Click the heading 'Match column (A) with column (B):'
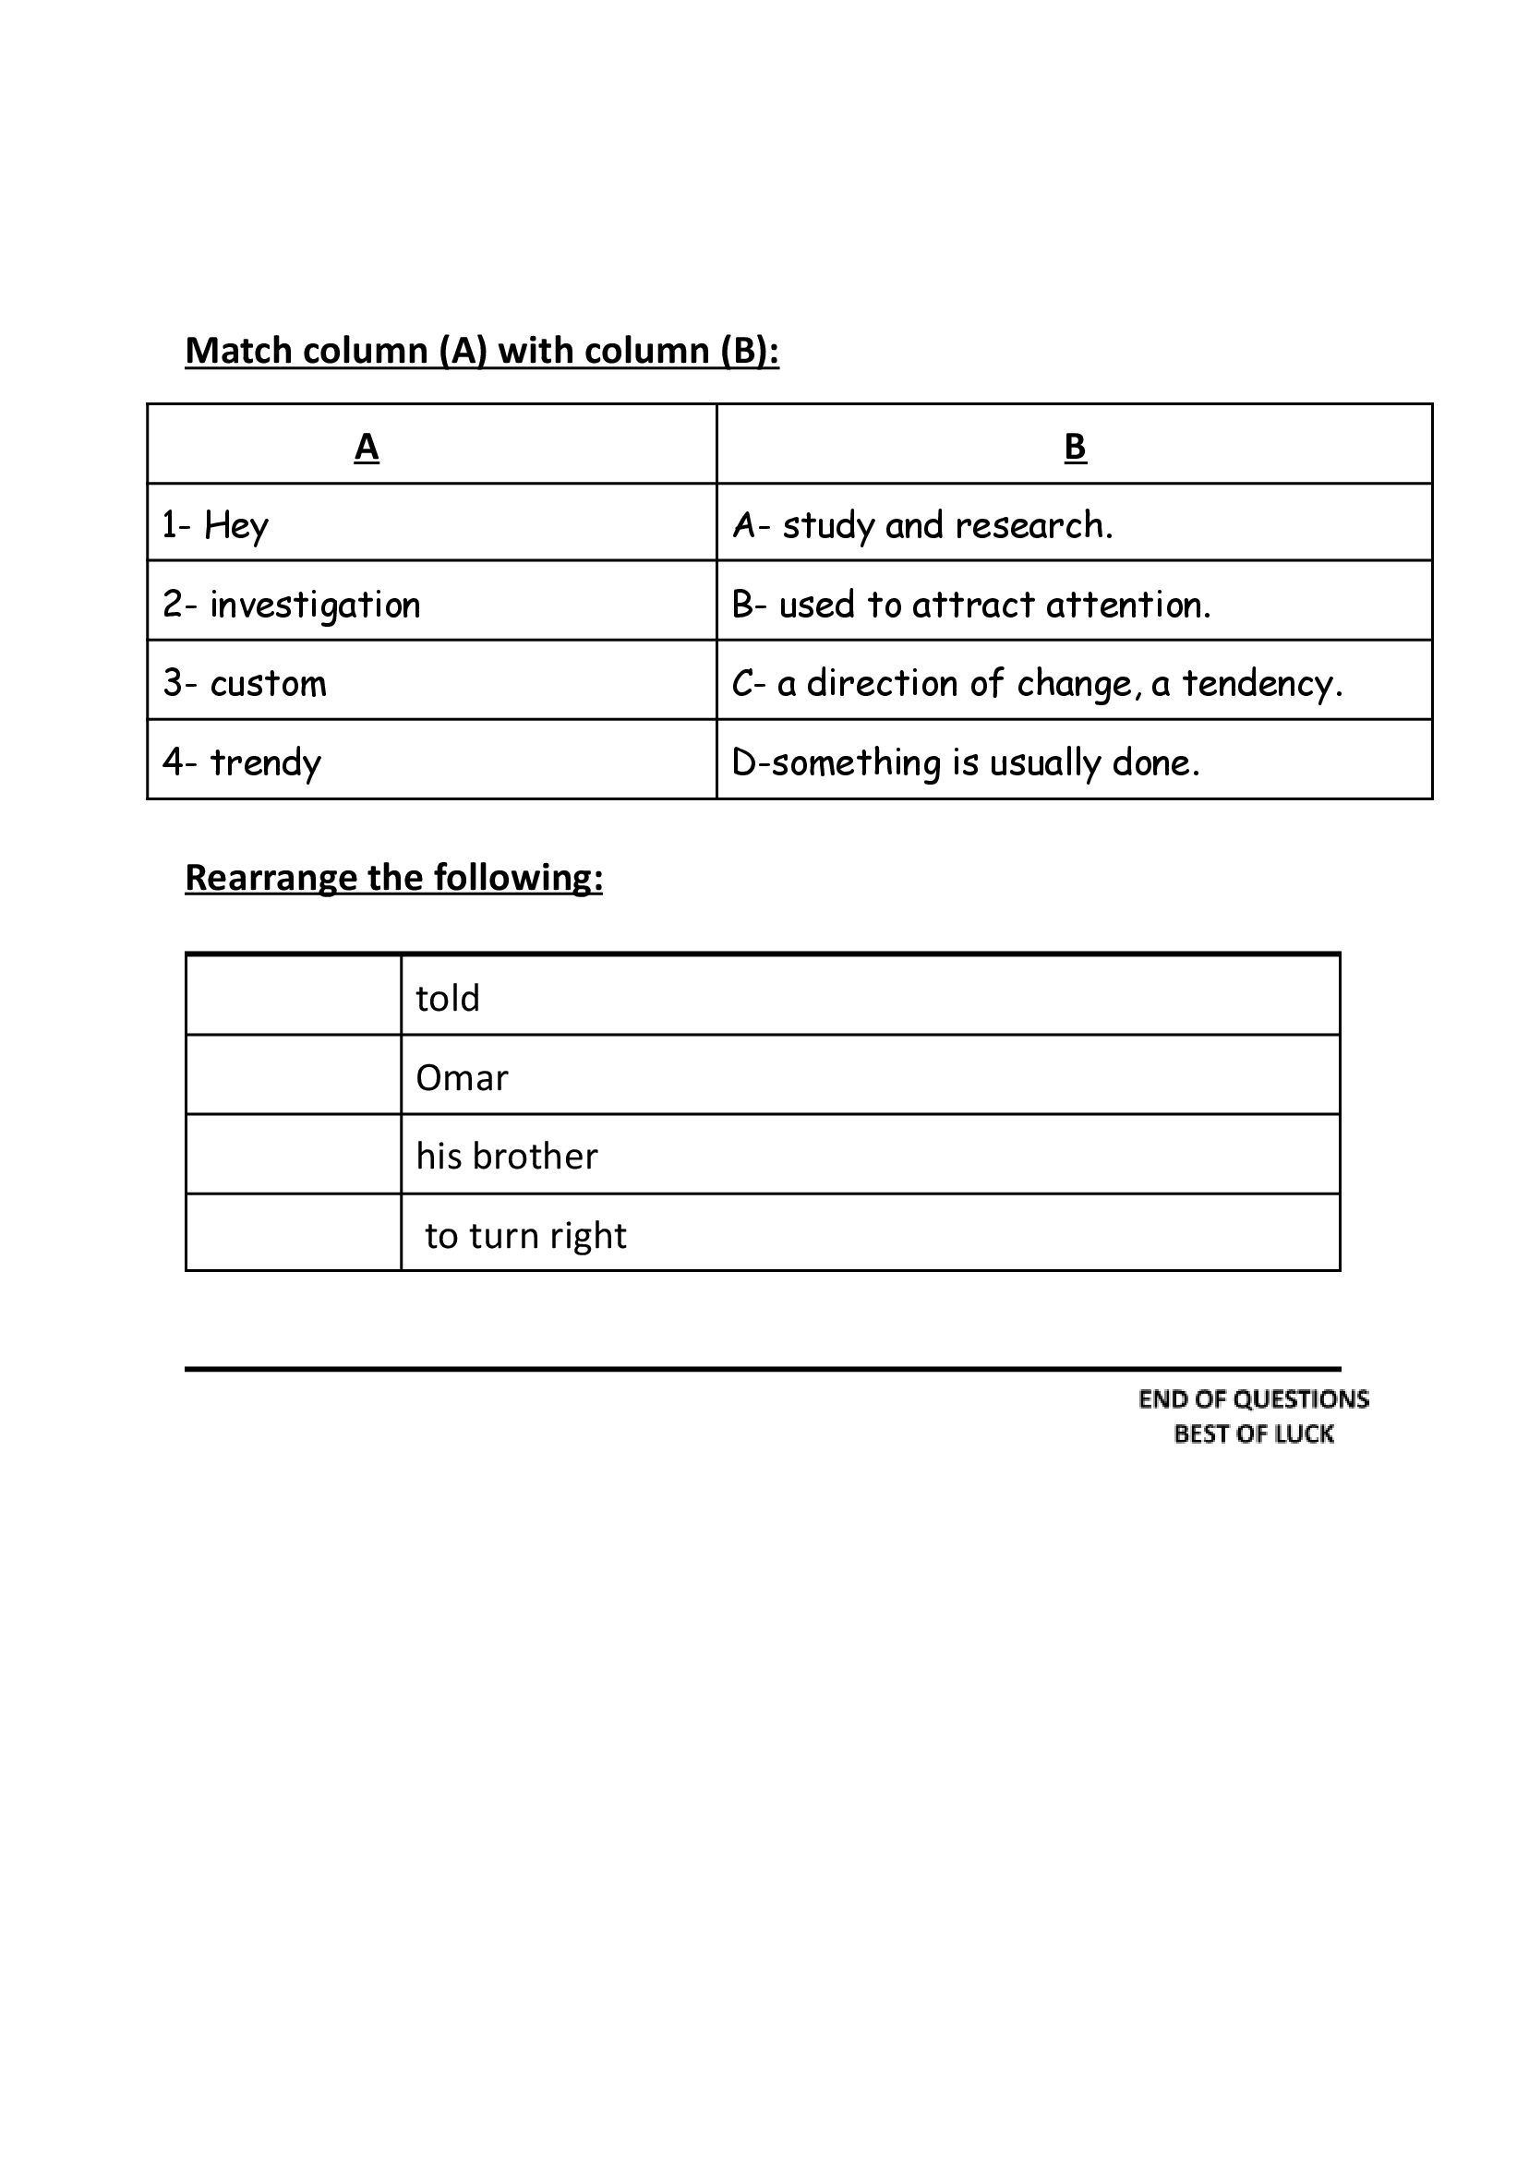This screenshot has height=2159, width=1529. (481, 351)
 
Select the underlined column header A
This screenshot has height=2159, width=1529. (367, 446)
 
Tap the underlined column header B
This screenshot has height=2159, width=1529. (1074, 446)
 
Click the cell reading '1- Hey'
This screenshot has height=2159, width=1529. (216, 525)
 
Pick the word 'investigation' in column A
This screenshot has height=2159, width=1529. (315, 606)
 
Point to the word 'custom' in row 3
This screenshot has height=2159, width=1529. (268, 684)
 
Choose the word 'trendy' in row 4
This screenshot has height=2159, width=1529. (265, 763)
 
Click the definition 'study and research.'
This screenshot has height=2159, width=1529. (946, 525)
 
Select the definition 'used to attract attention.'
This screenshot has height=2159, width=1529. (994, 606)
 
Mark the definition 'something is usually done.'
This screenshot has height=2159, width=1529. (985, 763)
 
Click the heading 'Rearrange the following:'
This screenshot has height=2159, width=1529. (393, 878)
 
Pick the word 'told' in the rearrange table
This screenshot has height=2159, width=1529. (447, 999)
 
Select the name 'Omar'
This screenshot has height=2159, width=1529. (462, 1077)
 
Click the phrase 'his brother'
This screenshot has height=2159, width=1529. (507, 1157)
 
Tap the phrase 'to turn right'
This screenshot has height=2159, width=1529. (525, 1236)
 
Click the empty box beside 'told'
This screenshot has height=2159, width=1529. (294, 996)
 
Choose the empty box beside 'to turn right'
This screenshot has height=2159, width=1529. (294, 1233)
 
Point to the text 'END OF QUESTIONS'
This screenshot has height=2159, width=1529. (1253, 1399)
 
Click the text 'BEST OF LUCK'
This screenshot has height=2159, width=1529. (1253, 1434)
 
